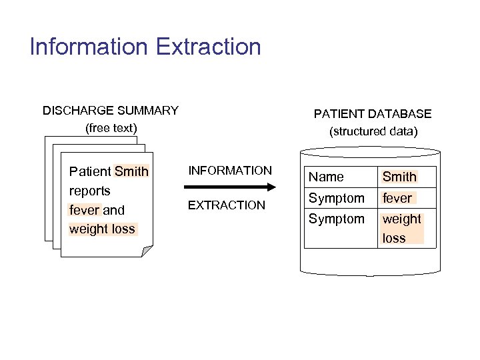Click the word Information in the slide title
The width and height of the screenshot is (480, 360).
tap(89, 47)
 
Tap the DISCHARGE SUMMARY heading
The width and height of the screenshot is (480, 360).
tap(111, 110)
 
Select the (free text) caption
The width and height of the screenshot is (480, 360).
tap(111, 127)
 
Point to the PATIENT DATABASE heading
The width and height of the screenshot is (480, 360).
tap(373, 114)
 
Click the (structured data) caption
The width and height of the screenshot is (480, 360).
tap(373, 131)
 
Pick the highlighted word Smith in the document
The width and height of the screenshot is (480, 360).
tap(131, 171)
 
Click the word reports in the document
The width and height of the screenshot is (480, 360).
tap(90, 191)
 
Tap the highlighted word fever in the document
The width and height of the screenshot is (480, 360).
tap(84, 210)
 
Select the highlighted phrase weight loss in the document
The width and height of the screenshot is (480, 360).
tap(102, 229)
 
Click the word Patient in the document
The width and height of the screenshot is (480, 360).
tap(91, 171)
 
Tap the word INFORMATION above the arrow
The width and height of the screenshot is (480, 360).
tap(230, 171)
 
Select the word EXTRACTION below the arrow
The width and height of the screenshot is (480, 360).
tap(227, 205)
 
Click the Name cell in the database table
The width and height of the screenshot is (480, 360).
tap(326, 177)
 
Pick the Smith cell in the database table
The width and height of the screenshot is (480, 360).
tap(399, 177)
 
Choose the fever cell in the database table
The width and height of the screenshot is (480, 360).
tap(397, 198)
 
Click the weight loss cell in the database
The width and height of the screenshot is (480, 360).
tap(401, 228)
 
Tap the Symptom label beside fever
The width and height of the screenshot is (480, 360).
tap(336, 198)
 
